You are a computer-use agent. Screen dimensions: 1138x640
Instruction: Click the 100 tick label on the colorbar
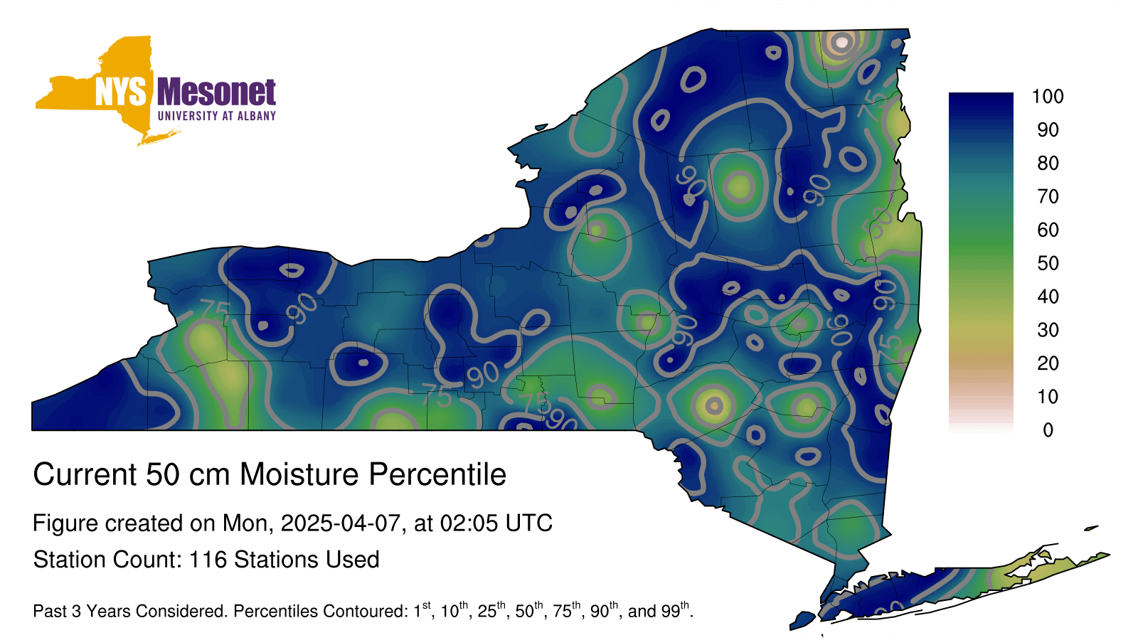point(1048,96)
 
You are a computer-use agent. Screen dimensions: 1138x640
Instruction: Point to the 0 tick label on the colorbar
point(1048,430)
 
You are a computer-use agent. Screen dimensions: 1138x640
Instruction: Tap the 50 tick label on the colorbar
point(1048,263)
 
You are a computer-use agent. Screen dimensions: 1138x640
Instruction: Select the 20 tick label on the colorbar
point(1048,363)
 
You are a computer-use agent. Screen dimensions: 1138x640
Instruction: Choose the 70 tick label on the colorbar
point(1048,196)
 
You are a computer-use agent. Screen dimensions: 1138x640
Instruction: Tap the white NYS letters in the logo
point(120,92)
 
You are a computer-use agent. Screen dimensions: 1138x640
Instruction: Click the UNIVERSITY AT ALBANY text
point(217,116)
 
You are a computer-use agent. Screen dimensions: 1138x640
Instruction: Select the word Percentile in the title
point(437,474)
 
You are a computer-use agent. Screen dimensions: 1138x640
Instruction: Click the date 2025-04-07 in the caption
point(341,523)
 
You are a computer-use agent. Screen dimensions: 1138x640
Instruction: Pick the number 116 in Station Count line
point(207,560)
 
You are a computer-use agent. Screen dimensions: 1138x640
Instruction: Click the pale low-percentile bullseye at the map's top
point(841,43)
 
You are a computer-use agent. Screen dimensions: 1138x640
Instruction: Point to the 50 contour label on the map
point(878,223)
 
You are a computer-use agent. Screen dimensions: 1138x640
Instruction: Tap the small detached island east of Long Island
point(1091,528)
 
